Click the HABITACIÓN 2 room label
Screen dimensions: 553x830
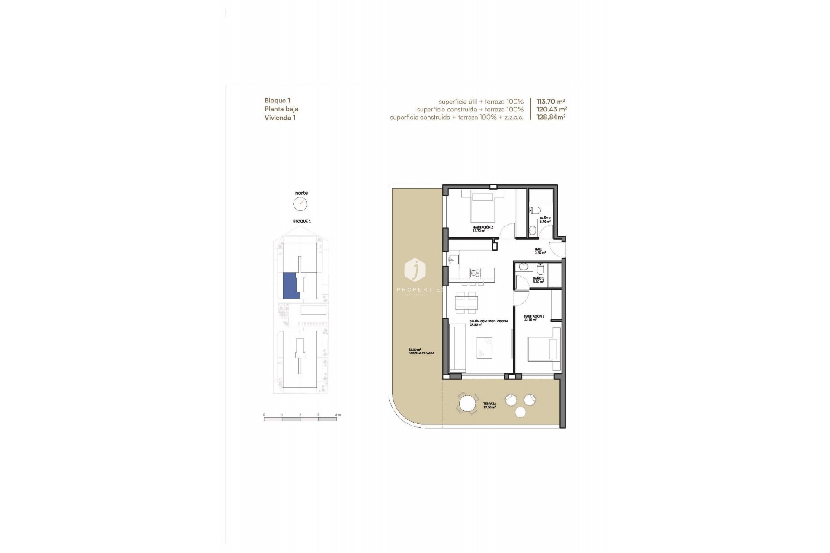(x=482, y=229)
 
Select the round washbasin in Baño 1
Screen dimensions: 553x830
(x=523, y=267)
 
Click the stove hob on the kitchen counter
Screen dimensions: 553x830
(x=475, y=273)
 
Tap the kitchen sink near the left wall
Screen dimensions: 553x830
(x=453, y=260)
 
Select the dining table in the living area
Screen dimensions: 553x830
(x=466, y=302)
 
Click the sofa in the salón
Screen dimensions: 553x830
(x=457, y=348)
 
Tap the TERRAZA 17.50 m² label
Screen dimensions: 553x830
(x=489, y=405)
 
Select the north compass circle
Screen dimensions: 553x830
(x=300, y=203)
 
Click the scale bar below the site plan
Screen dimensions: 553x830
(x=300, y=419)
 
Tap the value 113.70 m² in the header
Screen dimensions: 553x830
(x=550, y=102)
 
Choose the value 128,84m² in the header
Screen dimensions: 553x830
(x=551, y=117)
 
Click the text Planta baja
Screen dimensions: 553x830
(x=281, y=109)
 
